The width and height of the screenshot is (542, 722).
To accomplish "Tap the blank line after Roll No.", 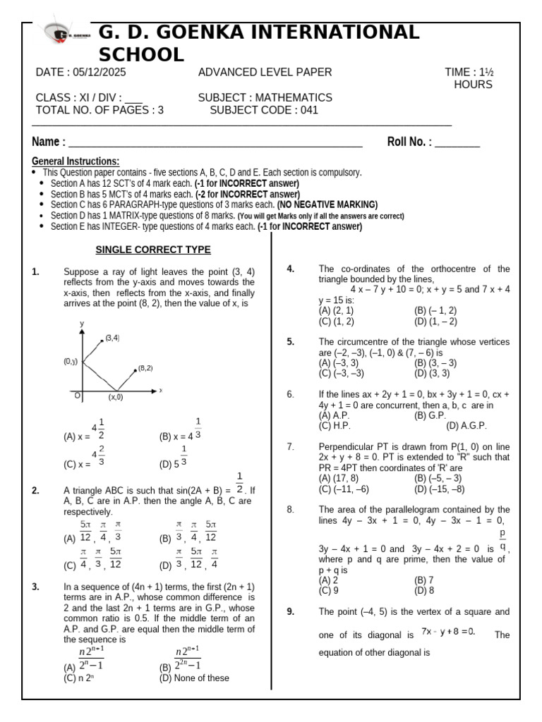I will point(457,142).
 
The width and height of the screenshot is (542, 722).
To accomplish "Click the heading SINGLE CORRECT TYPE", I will point(153,250).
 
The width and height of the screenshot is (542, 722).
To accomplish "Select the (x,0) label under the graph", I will point(115,397).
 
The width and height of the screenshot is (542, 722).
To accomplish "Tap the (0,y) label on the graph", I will point(70,361).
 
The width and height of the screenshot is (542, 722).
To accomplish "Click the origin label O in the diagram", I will point(78,396).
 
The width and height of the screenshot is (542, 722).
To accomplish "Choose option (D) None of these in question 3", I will point(194,678).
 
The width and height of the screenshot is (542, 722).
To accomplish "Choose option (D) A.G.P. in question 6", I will point(466,426).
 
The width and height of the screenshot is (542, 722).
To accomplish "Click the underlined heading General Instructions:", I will point(76,161).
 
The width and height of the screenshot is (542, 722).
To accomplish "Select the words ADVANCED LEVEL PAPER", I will point(265,73).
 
